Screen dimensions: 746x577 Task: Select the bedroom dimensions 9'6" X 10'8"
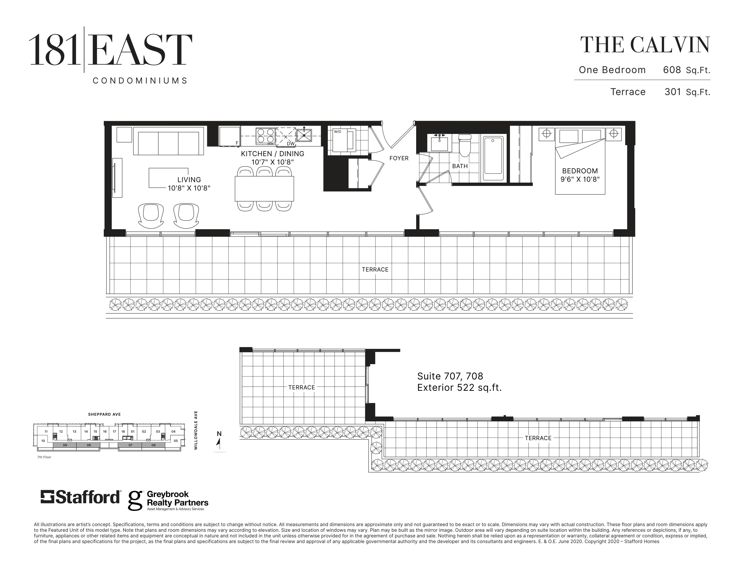pyautogui.click(x=580, y=179)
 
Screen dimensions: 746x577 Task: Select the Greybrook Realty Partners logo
pyautogui.click(x=168, y=501)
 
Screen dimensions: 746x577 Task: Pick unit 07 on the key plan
pyautogui.click(x=130, y=445)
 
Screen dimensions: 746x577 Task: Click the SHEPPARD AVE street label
pyautogui.click(x=104, y=414)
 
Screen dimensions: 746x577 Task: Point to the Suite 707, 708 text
pyautogui.click(x=450, y=376)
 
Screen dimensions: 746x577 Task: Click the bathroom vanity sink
pyautogui.click(x=439, y=142)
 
